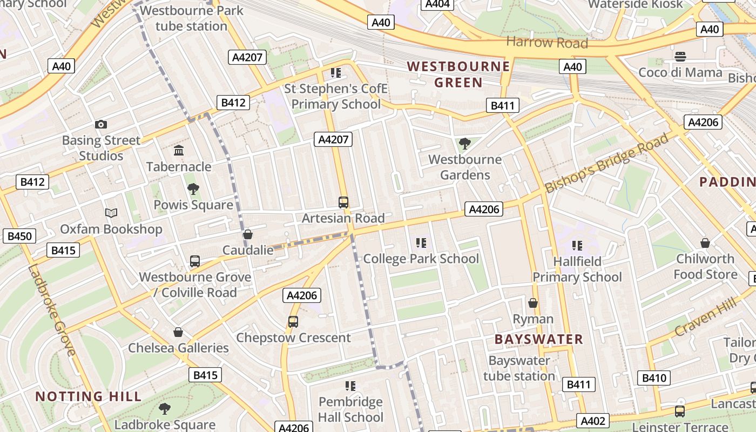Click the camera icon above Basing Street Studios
pos(100,125)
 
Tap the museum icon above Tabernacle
pos(178,151)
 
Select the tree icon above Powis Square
pos(193,189)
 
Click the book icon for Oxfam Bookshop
pos(111,213)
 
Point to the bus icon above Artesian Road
pos(343,202)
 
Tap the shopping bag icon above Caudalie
pos(248,234)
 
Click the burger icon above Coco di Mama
pos(680,57)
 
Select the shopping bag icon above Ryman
pos(533,303)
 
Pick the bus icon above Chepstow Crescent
pos(293,322)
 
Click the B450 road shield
pos(19,236)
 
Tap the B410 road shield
pos(654,377)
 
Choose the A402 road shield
pos(593,421)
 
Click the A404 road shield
pos(437,4)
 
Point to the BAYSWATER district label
pos(539,339)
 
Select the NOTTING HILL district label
pos(89,396)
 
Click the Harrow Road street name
pos(547,43)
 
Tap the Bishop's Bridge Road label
pos(606,163)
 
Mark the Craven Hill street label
pos(706,319)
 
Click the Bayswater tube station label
pos(519,368)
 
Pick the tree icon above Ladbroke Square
pos(165,409)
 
